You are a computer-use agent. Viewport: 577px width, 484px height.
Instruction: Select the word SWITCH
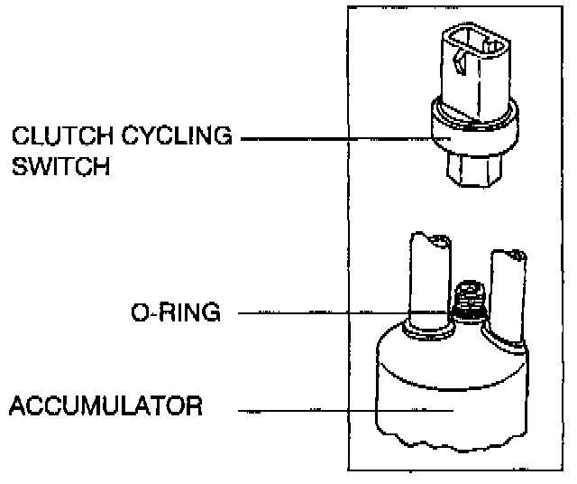tap(61, 168)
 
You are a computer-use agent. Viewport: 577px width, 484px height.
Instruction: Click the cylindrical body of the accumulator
tap(451, 397)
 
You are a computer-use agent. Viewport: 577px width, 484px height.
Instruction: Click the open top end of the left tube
tap(430, 239)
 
